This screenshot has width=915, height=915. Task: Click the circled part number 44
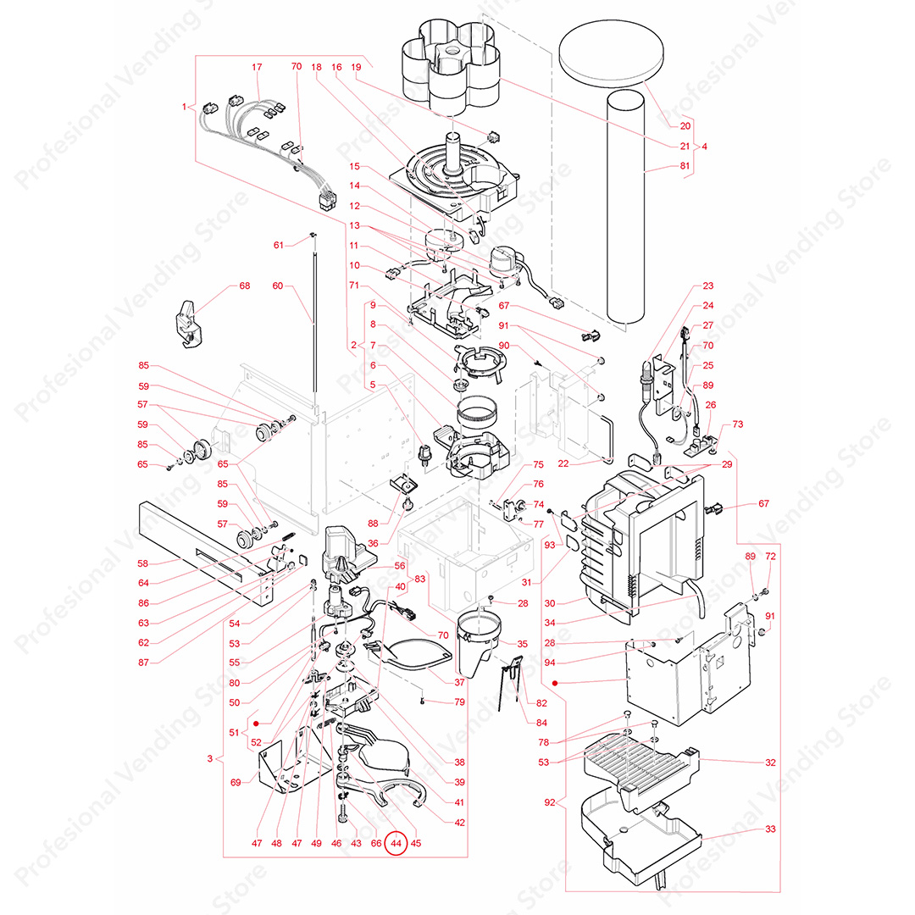click(396, 843)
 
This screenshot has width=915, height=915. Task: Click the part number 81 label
click(685, 168)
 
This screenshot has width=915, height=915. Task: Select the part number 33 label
click(770, 829)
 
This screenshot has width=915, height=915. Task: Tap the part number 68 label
click(245, 286)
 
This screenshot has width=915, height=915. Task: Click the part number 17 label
click(258, 67)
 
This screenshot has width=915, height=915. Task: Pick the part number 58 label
click(143, 563)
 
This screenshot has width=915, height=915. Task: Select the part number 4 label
click(704, 147)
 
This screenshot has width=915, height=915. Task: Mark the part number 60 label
click(277, 286)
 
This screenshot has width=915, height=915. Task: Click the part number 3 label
click(210, 758)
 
